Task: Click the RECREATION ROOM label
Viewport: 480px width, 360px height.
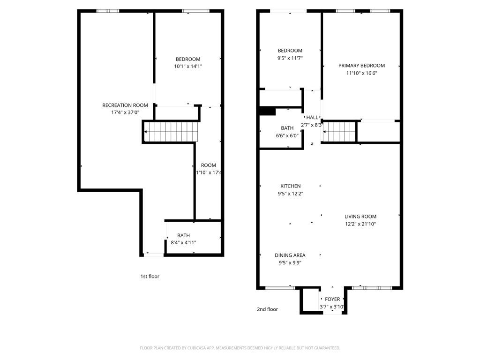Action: (125, 105)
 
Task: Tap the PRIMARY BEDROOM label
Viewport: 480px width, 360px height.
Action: (361, 66)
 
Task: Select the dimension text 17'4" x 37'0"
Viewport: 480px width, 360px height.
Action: (125, 112)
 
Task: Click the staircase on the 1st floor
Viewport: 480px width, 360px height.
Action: (171, 131)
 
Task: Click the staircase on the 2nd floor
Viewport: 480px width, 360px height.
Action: (339, 131)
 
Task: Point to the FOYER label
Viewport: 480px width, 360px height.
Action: (332, 299)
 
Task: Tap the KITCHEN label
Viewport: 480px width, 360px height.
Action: (290, 186)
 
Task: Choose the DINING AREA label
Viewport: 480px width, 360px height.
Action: (290, 255)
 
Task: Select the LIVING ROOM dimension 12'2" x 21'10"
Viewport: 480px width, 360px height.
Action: (360, 224)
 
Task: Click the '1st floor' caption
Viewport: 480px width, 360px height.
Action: (150, 277)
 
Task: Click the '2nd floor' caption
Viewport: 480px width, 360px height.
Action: (267, 309)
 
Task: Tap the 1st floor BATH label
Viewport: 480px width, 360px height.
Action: (183, 235)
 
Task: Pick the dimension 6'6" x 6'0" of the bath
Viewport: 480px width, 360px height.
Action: (287, 135)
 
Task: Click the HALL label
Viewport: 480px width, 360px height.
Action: (312, 117)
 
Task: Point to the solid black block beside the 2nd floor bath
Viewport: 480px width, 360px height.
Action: (267, 111)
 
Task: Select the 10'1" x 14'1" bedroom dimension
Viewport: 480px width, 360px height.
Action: (188, 67)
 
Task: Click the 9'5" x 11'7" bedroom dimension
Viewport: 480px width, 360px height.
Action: (290, 58)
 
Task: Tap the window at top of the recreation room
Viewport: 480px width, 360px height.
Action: (108, 11)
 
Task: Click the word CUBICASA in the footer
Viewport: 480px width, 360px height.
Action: (195, 348)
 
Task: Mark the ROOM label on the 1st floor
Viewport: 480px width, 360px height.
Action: (209, 165)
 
